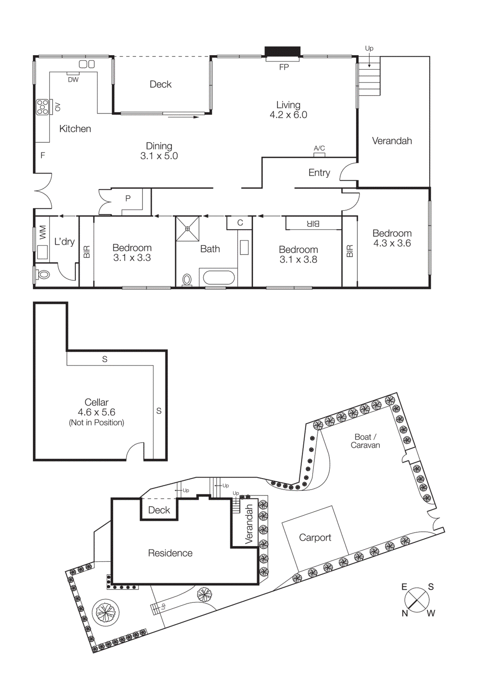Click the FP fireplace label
click(284, 67)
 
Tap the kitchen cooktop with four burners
click(43, 107)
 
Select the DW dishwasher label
click(73, 80)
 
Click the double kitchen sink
click(87, 64)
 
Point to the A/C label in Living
click(319, 148)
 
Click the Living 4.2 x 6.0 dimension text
click(288, 115)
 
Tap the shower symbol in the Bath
click(188, 229)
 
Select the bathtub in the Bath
click(218, 277)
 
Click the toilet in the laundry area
click(43, 274)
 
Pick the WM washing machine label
click(43, 232)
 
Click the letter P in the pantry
click(128, 199)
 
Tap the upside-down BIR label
click(313, 223)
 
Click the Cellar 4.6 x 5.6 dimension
click(96, 412)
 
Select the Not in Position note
click(96, 423)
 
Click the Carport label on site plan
click(315, 537)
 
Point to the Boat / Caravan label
click(365, 441)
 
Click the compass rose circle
click(417, 600)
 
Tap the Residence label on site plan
click(170, 553)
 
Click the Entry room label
click(319, 173)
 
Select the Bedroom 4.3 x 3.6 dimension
click(392, 243)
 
